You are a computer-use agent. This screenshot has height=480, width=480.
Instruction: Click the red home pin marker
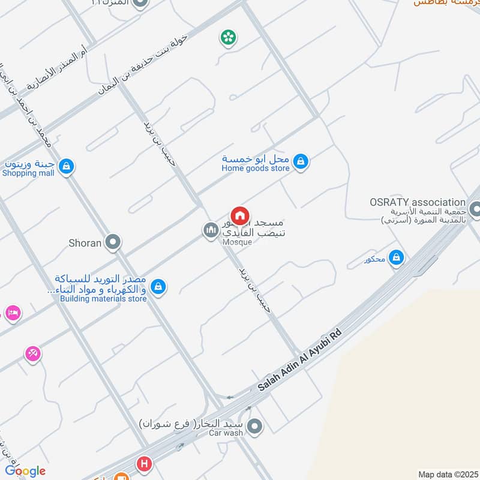(x=239, y=215)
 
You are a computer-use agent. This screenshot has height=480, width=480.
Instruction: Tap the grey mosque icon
(x=210, y=230)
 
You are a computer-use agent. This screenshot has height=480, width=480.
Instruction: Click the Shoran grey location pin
(x=112, y=242)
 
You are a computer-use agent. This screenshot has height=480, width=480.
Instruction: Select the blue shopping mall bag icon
(x=67, y=167)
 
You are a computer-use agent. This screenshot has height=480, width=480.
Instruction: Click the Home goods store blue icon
(x=301, y=161)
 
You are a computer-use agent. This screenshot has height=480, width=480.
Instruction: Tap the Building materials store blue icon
(x=158, y=287)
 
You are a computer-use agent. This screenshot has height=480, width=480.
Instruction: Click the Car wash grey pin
(x=256, y=427)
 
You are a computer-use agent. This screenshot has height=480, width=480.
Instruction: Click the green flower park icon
(x=228, y=38)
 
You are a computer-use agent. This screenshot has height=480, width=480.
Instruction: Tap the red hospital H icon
(x=143, y=464)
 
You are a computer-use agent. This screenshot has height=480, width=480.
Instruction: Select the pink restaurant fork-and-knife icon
(x=33, y=354)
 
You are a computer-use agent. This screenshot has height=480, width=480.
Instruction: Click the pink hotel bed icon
(x=12, y=313)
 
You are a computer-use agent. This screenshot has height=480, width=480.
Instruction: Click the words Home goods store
(x=255, y=169)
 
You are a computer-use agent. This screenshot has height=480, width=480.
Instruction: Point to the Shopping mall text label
(x=28, y=173)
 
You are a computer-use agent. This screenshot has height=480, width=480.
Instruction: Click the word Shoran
(x=85, y=242)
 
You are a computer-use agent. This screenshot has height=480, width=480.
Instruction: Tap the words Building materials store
(x=103, y=299)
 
